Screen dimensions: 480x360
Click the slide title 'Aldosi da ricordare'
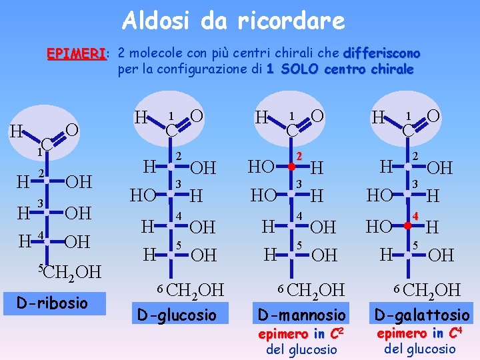pos(233,21)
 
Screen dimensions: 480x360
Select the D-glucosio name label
pos(176,314)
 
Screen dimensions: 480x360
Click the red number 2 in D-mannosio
pos(300,156)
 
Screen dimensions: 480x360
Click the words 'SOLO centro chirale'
pos(347,69)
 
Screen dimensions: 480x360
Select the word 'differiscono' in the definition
pos(382,53)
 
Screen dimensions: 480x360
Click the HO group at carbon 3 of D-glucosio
pos(143,196)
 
